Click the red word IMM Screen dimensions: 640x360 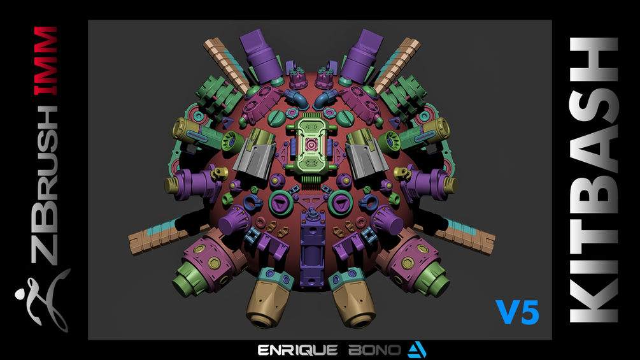tap(46, 61)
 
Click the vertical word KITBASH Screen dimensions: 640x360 tap(594, 180)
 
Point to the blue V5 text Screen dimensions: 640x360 tap(517, 312)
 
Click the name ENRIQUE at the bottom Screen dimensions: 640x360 tap(297, 350)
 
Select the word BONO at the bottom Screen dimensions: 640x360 tap(374, 350)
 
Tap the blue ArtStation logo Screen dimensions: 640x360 tap(417, 350)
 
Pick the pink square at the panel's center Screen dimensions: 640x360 tap(311, 145)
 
